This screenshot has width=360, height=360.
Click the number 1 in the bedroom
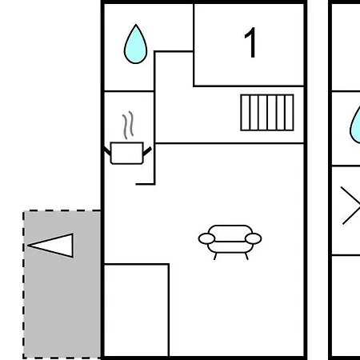pos(250,42)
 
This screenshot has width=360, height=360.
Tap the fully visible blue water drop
pos(135,44)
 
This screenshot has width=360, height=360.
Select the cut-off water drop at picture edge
pos(355,126)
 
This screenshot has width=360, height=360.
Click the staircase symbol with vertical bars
pos(267,113)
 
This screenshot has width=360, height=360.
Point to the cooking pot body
pos(127,153)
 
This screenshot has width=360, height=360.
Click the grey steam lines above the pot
pos(128,125)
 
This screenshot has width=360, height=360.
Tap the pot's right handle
pos(147,151)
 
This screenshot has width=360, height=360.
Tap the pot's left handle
pos(107,151)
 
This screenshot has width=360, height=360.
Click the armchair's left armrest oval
pos(206,238)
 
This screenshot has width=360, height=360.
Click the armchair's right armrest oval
pos(253,238)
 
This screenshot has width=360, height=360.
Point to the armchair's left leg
pos(215,256)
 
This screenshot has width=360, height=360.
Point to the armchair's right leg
pos(246,256)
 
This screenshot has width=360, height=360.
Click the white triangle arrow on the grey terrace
pos(50,246)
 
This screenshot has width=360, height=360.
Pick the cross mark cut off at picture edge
pos(350,206)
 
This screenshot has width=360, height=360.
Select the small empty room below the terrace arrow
pos(136,310)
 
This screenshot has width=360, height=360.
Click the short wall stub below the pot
pos(145,184)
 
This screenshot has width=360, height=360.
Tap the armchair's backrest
pos(230,233)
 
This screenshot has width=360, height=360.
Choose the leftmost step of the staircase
pos(246,113)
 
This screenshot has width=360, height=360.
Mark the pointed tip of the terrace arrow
pos(28,246)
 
